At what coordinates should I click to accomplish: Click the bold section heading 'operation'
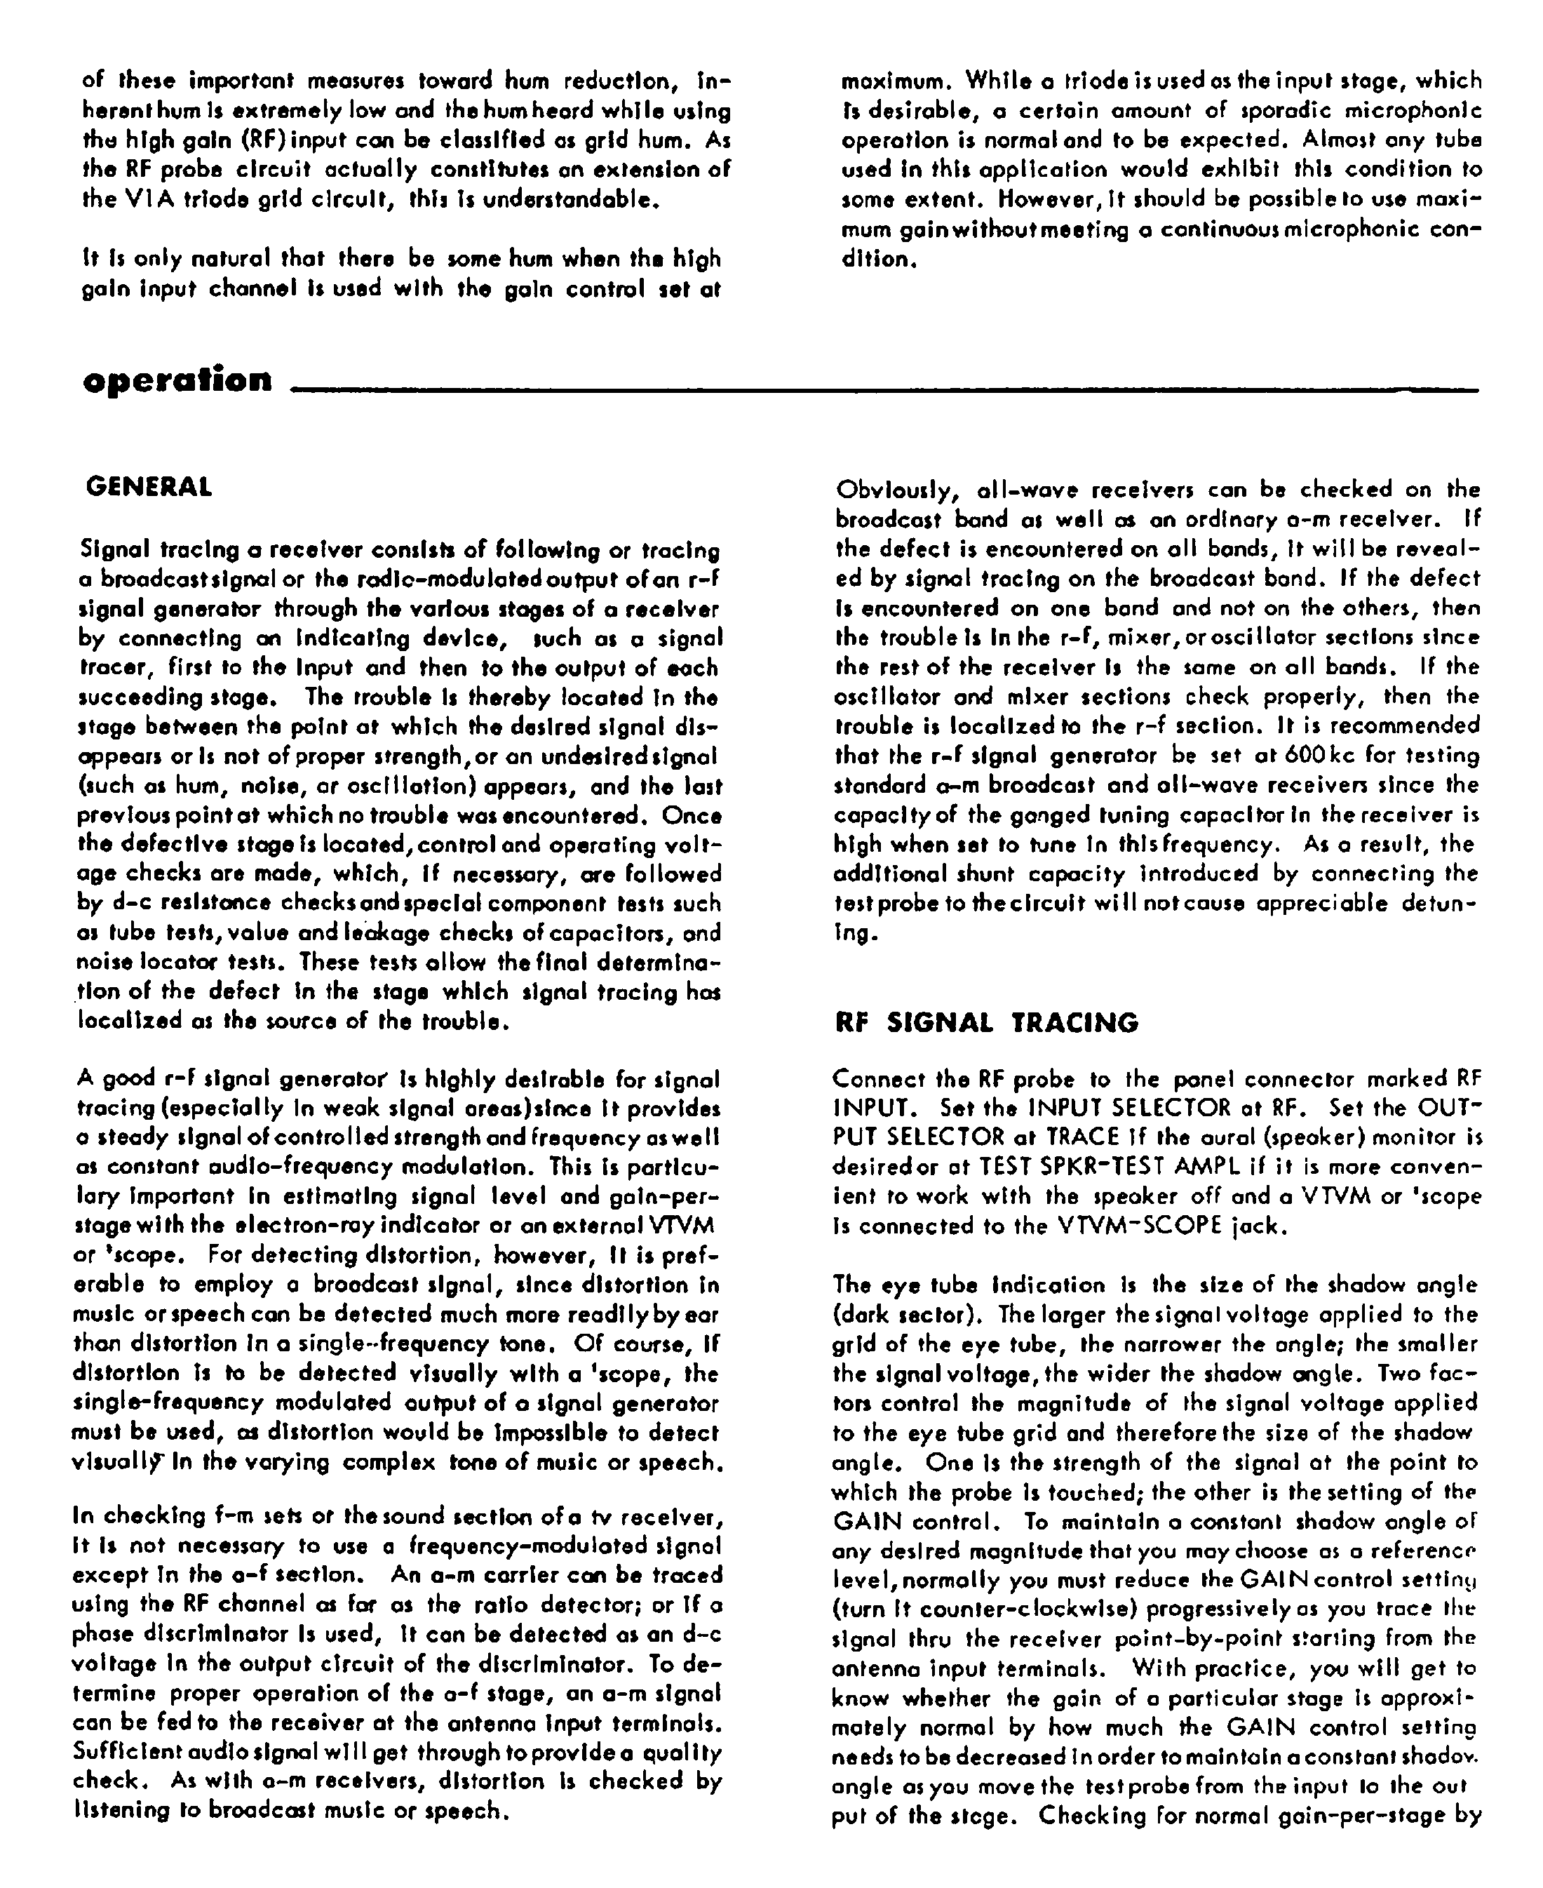click(177, 380)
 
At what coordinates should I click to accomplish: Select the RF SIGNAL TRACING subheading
click(987, 1023)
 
